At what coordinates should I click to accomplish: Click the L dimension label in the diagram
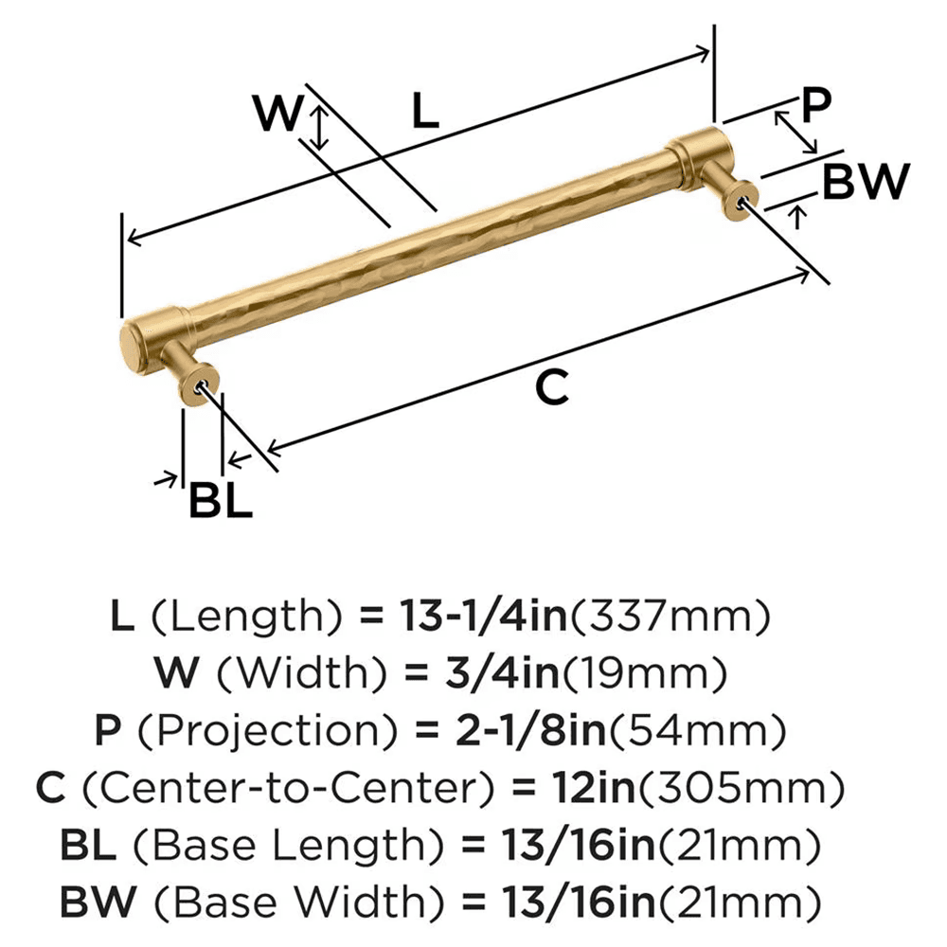click(425, 113)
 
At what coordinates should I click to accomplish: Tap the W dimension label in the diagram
click(277, 114)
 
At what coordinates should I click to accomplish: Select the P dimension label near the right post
click(814, 106)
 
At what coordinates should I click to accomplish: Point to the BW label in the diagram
click(866, 182)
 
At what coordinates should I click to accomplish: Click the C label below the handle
click(552, 386)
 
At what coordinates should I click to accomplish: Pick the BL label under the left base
click(221, 501)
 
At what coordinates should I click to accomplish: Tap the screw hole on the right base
click(742, 199)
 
